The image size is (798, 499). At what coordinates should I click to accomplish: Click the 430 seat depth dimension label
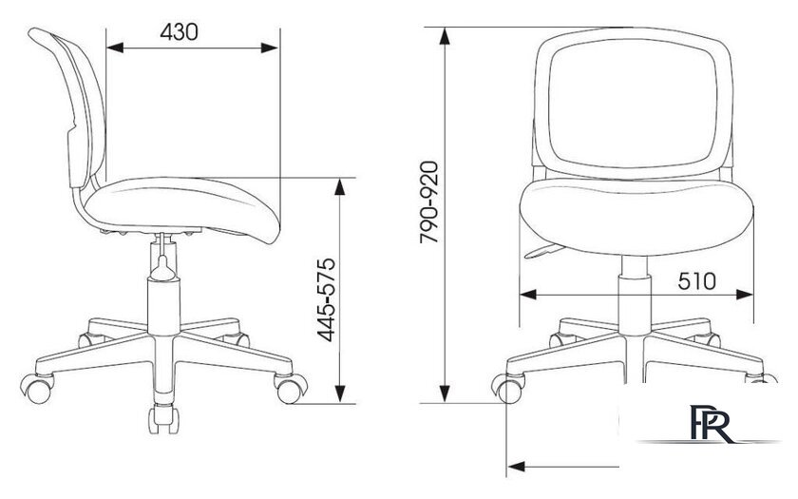[179, 32]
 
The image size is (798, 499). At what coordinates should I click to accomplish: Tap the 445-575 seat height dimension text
[326, 299]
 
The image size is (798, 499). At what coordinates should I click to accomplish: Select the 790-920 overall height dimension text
[428, 202]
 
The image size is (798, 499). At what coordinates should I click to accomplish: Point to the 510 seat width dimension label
[696, 280]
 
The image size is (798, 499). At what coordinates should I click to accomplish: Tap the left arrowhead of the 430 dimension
[115, 48]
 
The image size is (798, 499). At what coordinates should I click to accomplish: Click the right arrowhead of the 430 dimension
[270, 48]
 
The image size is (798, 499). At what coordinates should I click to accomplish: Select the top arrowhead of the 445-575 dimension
[340, 187]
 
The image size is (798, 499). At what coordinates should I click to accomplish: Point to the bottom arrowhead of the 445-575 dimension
[340, 394]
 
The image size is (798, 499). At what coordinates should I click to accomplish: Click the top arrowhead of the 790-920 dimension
[445, 37]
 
